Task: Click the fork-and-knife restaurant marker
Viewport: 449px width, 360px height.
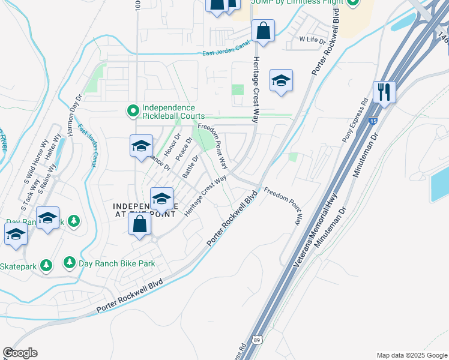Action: (x=384, y=92)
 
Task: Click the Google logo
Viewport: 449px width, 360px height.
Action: (x=20, y=353)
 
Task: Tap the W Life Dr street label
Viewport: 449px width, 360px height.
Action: (x=312, y=41)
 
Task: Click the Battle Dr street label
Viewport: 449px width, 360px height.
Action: (x=190, y=166)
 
